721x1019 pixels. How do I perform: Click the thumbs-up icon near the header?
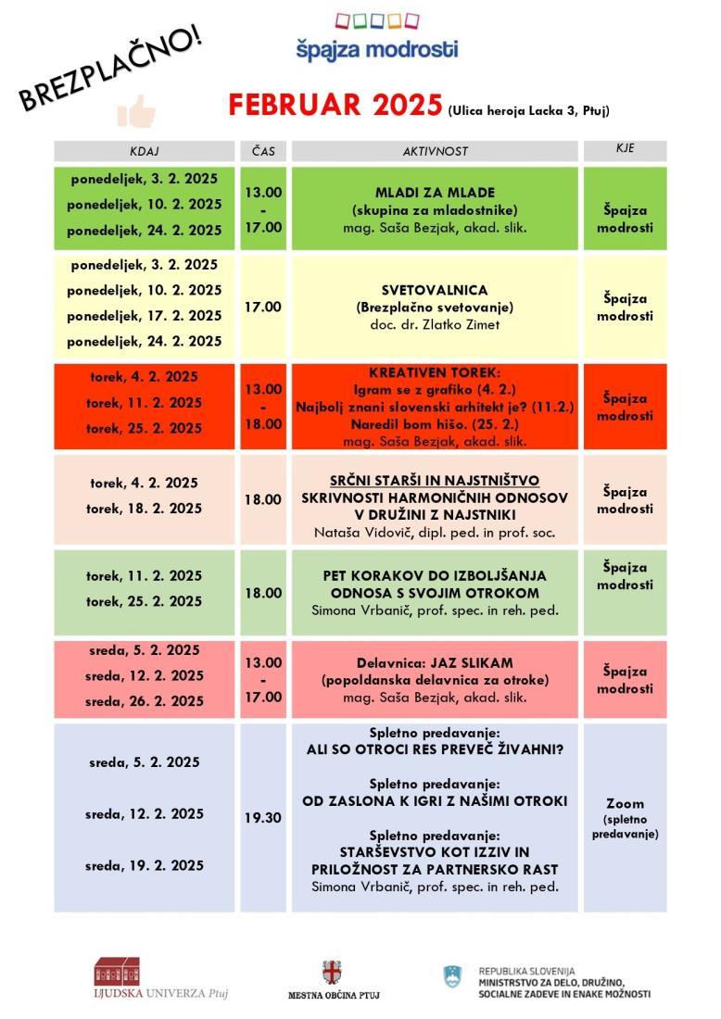tap(136, 112)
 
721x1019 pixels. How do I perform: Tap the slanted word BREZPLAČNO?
tap(112, 69)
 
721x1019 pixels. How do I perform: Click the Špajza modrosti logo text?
tap(376, 49)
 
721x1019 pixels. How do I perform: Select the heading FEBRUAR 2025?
tap(335, 106)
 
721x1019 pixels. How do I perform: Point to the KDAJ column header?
tap(145, 151)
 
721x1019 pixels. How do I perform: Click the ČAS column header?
tap(263, 151)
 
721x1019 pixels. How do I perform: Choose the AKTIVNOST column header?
tap(435, 151)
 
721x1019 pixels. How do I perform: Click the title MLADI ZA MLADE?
tap(435, 193)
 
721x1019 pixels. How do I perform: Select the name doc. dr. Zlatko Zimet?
tap(435, 324)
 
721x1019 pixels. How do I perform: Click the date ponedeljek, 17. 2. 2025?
tap(145, 315)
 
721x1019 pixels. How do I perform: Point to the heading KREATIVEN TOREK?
tap(435, 372)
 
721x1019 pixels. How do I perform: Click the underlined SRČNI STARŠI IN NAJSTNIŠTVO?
tap(435, 481)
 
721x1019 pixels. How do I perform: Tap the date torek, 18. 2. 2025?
tap(145, 509)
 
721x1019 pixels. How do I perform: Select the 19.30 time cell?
tap(263, 818)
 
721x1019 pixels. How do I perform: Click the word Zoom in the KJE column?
tap(625, 803)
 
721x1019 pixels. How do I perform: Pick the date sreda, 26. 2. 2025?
tap(145, 701)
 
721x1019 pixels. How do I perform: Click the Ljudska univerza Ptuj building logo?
tap(118, 972)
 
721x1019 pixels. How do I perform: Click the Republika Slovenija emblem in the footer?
tap(452, 975)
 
